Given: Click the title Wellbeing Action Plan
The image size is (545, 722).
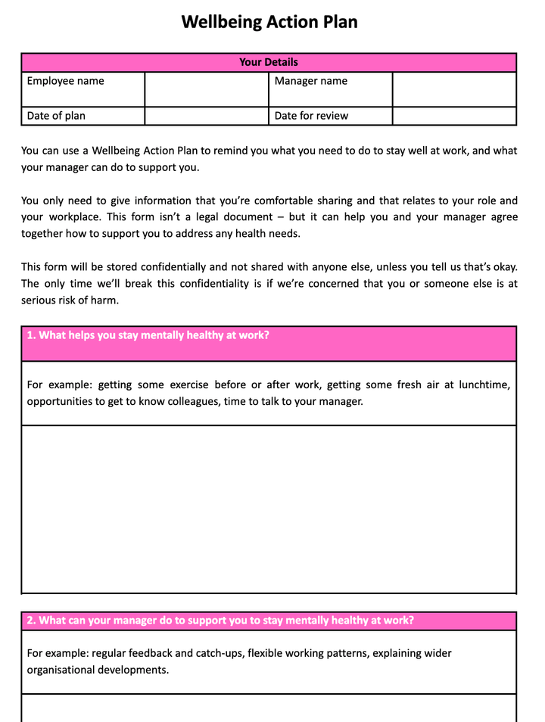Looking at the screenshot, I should [x=269, y=22].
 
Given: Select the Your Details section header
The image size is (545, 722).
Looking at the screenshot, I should [x=269, y=62].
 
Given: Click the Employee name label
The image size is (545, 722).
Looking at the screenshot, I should [x=66, y=81].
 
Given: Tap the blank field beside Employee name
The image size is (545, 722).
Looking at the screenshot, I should [x=206, y=89].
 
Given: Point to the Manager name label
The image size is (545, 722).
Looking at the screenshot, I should [x=311, y=81].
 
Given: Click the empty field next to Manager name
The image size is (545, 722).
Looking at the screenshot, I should [x=454, y=89].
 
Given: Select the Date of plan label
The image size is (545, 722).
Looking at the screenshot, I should [x=57, y=116].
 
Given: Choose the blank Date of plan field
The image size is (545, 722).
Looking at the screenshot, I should [x=206, y=116].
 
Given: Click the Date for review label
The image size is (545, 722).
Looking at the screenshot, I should [x=311, y=116].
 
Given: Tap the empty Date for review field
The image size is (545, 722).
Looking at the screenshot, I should [x=454, y=116].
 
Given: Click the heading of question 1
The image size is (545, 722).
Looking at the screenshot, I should [x=148, y=335].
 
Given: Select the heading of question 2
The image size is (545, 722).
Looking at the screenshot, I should [x=220, y=621].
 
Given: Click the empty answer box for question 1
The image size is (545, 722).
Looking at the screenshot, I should [x=269, y=509].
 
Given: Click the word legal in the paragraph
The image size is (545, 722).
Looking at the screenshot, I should [x=243, y=217].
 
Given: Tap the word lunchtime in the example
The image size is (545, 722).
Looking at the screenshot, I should [x=483, y=384].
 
